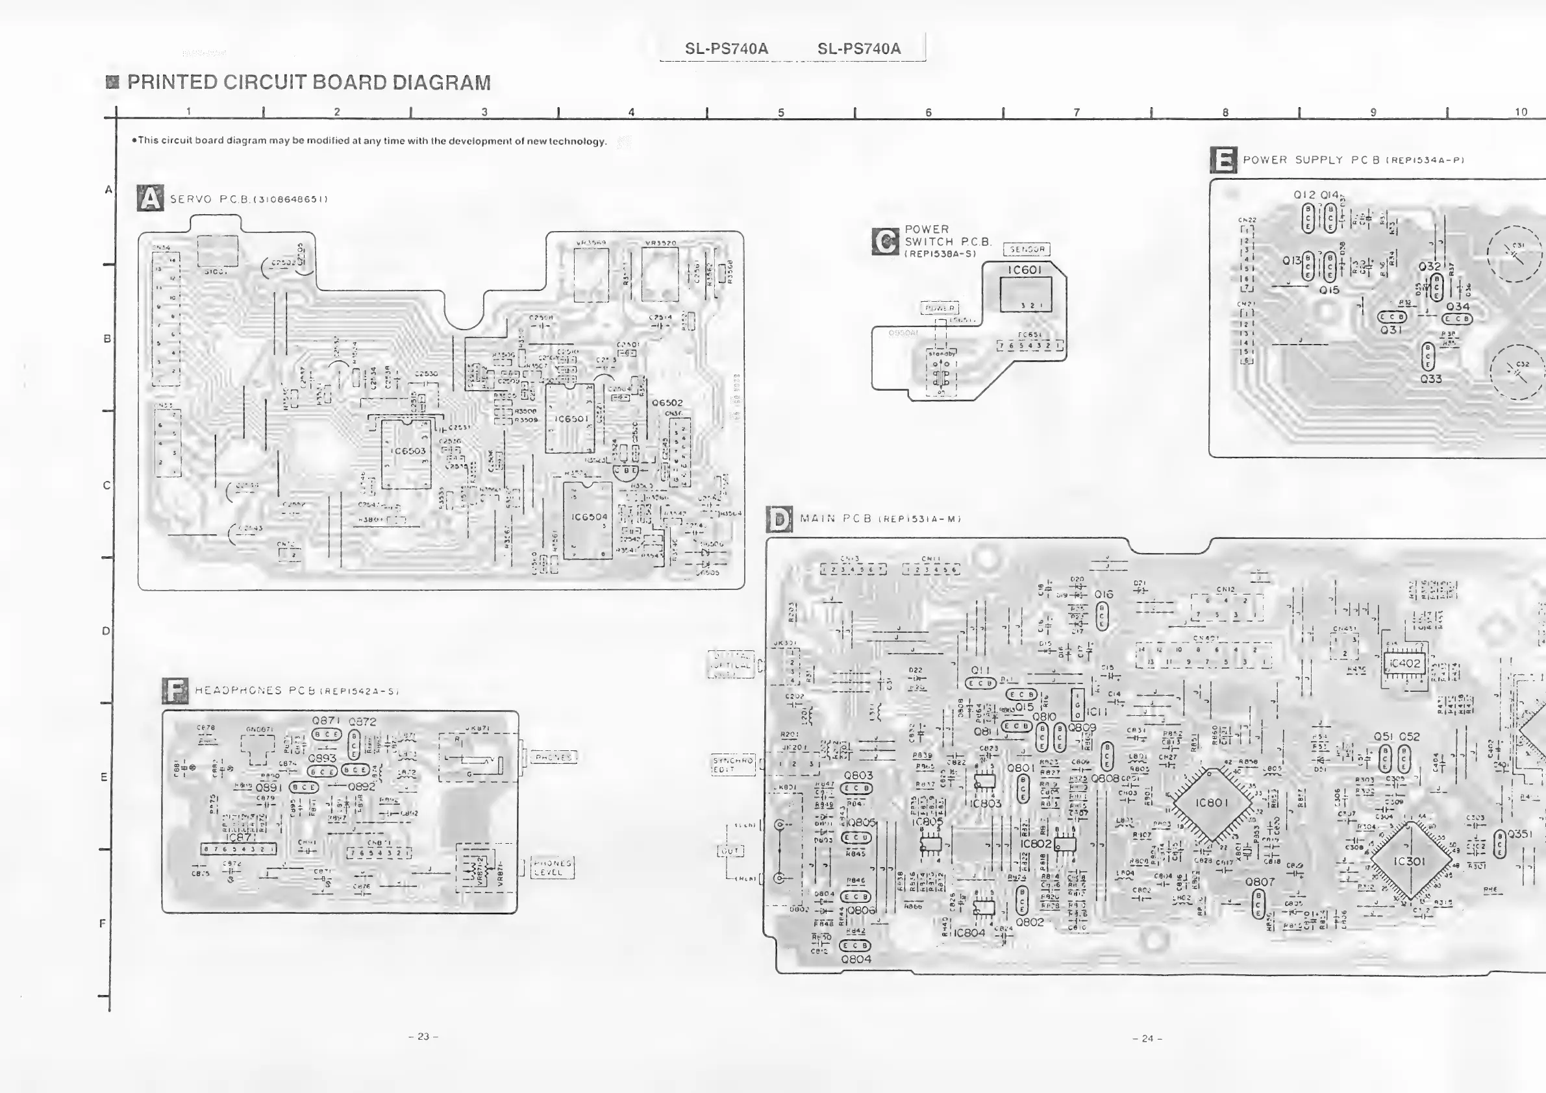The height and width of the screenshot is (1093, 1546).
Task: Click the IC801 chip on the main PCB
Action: [x=1212, y=803]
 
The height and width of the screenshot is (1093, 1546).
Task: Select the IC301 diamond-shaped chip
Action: [x=1409, y=861]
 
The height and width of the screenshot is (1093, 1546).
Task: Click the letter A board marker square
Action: [x=149, y=199]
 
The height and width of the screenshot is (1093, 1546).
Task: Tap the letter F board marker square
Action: [x=175, y=691]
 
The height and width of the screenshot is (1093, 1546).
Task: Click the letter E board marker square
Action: [x=1223, y=160]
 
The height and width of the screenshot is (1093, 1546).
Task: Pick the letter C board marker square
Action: [x=884, y=241]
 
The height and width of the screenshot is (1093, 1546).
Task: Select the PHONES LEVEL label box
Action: [x=552, y=867]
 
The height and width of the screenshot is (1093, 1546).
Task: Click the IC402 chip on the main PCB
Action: [x=1404, y=663]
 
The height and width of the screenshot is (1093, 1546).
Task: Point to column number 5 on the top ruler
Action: [x=781, y=113]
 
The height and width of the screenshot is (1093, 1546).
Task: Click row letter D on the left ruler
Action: [x=106, y=632]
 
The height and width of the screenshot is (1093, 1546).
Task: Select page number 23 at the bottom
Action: [x=423, y=1037]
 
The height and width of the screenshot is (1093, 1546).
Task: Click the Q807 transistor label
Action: [x=1259, y=881]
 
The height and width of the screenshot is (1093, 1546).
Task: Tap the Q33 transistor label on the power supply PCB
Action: [x=1431, y=379]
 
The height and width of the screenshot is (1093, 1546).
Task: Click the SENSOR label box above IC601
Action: [x=1027, y=250]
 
